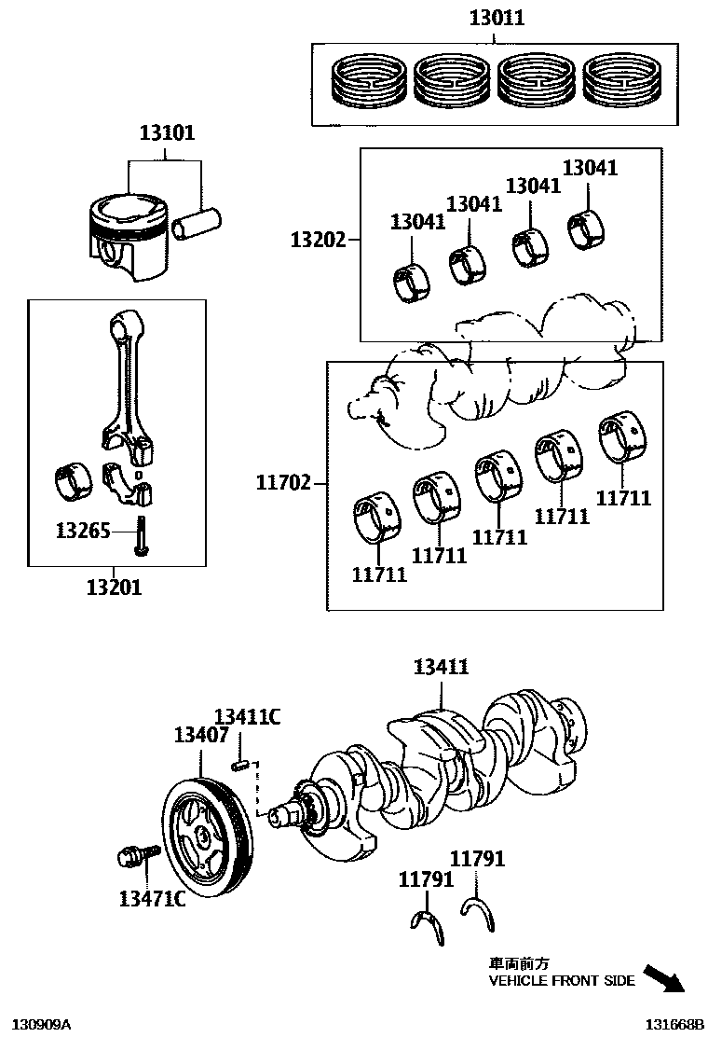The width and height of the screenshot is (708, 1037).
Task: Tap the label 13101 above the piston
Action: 167,133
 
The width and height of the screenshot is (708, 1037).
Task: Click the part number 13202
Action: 317,240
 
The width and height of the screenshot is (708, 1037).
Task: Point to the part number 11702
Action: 283,483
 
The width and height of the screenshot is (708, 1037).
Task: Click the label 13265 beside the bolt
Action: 83,531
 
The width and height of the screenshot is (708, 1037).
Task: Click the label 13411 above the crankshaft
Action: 441,667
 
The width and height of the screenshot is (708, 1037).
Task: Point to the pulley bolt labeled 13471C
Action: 130,856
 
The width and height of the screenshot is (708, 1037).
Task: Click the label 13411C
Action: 247,716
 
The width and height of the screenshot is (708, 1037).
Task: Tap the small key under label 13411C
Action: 238,765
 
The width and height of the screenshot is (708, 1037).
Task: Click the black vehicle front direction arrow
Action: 664,979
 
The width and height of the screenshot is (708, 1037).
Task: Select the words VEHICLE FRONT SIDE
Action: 562,981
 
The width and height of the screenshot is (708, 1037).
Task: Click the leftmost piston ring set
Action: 370,79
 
